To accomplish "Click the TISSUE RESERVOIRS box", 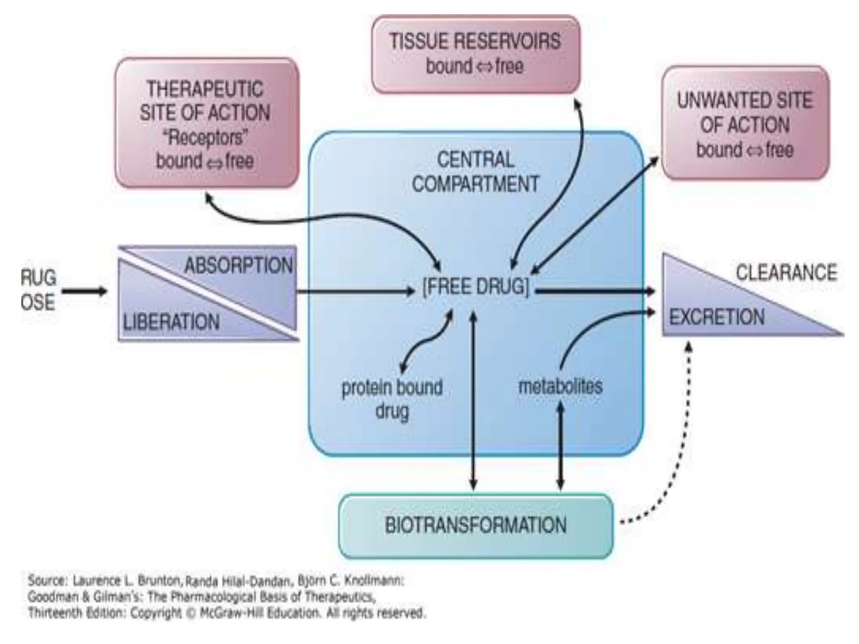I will pyautogui.click(x=476, y=55).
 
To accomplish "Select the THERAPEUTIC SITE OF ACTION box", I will pyautogui.click(x=206, y=123).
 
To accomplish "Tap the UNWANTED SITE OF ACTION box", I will pyautogui.click(x=745, y=123).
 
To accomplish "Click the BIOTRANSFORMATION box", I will pyautogui.click(x=476, y=525).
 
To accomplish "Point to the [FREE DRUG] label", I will pyautogui.click(x=476, y=287).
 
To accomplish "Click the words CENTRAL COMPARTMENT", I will pyautogui.click(x=476, y=172).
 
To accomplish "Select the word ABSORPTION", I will pyautogui.click(x=238, y=265).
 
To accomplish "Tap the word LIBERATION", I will pyautogui.click(x=171, y=322).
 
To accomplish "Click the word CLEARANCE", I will pyautogui.click(x=786, y=273).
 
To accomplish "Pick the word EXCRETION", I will pyautogui.click(x=716, y=317).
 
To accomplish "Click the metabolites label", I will pyautogui.click(x=560, y=386).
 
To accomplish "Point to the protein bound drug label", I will pyautogui.click(x=392, y=399).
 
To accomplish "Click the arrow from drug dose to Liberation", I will pyautogui.click(x=84, y=291).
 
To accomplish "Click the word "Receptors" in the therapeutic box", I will pyautogui.click(x=205, y=137).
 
